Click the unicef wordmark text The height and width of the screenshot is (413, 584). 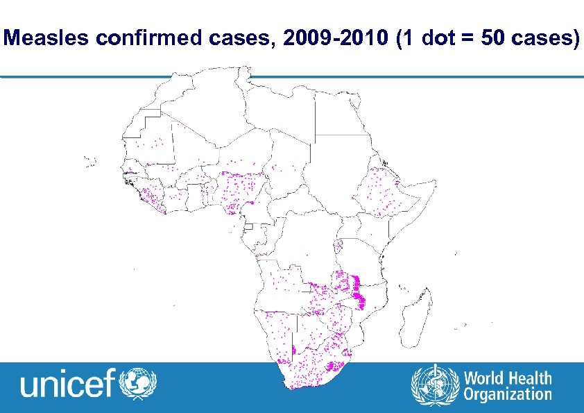click(x=68, y=383)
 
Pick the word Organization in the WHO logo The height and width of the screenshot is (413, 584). click(x=508, y=395)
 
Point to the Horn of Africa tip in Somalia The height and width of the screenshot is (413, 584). click(x=434, y=185)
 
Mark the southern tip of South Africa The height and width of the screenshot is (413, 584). click(x=294, y=386)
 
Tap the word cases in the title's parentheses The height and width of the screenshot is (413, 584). click(x=544, y=39)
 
